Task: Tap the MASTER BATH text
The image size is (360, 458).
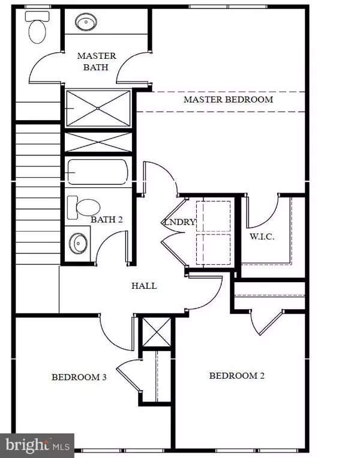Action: [x=96, y=62]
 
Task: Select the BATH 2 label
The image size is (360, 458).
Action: [x=107, y=220]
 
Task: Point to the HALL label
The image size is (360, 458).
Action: [x=144, y=286]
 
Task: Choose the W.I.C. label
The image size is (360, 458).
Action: [x=262, y=237]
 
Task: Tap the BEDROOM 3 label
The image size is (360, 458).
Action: [x=79, y=378]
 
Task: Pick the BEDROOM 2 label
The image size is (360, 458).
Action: [x=236, y=376]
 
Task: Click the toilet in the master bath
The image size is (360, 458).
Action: [x=36, y=29]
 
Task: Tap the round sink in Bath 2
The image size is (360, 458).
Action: [x=78, y=243]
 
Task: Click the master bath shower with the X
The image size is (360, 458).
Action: [x=98, y=108]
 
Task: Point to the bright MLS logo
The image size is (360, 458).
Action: [x=37, y=445]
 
